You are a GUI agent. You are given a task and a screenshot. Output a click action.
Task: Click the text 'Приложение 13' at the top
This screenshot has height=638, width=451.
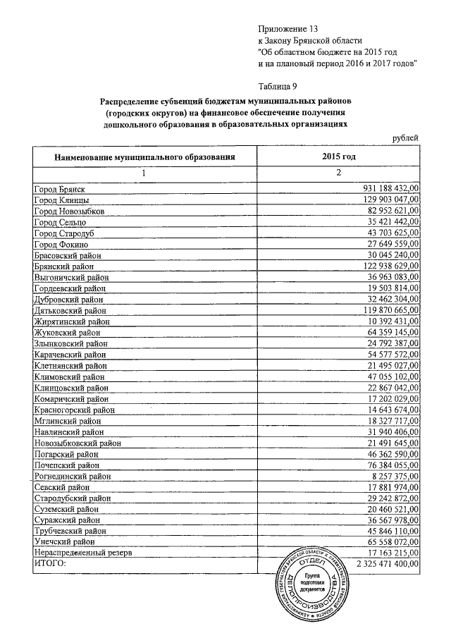[289, 29]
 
